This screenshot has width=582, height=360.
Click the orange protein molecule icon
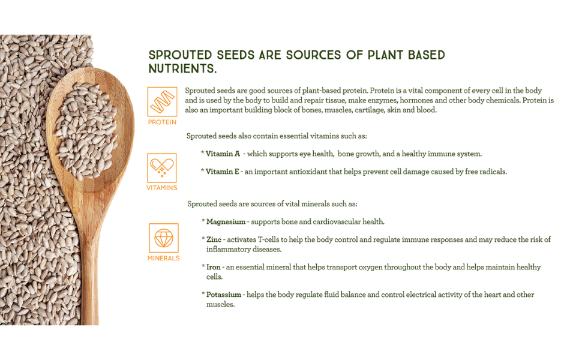(162, 101)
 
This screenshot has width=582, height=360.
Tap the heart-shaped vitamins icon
(162, 168)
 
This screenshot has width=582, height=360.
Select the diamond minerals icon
(164, 238)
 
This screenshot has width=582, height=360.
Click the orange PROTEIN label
(162, 122)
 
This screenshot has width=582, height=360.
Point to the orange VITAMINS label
(162, 188)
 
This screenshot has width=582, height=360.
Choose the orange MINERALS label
(164, 259)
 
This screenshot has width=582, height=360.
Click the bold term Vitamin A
(223, 154)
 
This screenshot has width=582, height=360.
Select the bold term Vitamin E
(223, 172)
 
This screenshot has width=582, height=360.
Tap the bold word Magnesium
(226, 222)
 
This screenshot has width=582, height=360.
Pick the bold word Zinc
(214, 240)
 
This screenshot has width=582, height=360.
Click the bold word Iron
(214, 267)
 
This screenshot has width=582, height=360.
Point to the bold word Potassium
(224, 295)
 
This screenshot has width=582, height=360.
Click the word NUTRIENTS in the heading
(182, 68)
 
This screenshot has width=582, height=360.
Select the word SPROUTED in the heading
(181, 55)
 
